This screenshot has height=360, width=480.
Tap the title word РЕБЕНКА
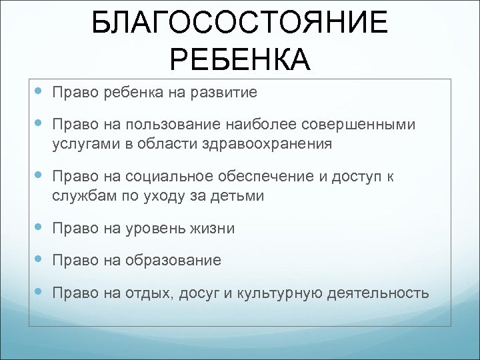(239, 61)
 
